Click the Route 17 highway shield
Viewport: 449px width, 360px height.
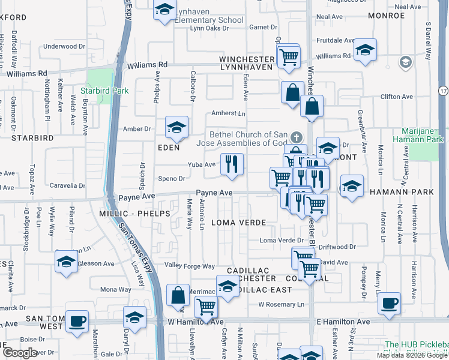[x=443, y=91]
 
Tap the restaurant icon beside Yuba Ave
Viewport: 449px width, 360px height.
[x=232, y=164]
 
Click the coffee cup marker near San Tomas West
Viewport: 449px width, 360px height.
[x=77, y=322]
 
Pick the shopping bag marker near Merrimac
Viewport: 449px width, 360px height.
[x=178, y=295]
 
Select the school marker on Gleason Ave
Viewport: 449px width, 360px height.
[x=67, y=262]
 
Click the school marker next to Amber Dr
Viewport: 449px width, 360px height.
[x=176, y=127]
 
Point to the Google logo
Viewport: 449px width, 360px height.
[x=19, y=353]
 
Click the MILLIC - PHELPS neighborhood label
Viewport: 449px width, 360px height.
[x=131, y=214]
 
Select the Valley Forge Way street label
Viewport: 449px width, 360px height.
[x=190, y=266]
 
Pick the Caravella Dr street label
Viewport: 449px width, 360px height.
[x=67, y=186]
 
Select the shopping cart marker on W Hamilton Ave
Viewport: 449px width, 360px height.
[x=206, y=307]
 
